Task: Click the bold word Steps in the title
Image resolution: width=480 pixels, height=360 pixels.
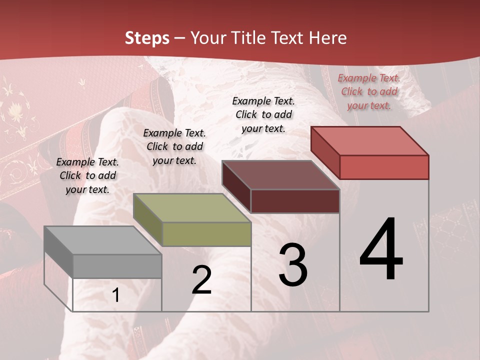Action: (x=147, y=38)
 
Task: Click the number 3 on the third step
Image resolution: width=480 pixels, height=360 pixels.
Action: (x=293, y=265)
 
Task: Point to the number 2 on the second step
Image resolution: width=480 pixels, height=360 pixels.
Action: (x=201, y=280)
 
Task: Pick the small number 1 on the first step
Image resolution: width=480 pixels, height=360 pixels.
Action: (x=116, y=295)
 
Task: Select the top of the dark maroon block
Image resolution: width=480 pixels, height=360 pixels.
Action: (x=280, y=175)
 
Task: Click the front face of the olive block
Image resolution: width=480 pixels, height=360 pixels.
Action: (x=206, y=234)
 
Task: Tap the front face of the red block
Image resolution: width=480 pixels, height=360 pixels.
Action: (x=384, y=167)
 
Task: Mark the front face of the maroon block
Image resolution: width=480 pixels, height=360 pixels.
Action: (x=295, y=201)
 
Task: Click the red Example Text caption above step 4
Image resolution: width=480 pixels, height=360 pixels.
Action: (x=369, y=91)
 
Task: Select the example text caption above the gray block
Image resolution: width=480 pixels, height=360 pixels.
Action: (x=87, y=175)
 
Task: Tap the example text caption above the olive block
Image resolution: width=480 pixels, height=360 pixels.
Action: (x=174, y=146)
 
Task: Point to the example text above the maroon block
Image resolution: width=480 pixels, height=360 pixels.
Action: (x=263, y=114)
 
